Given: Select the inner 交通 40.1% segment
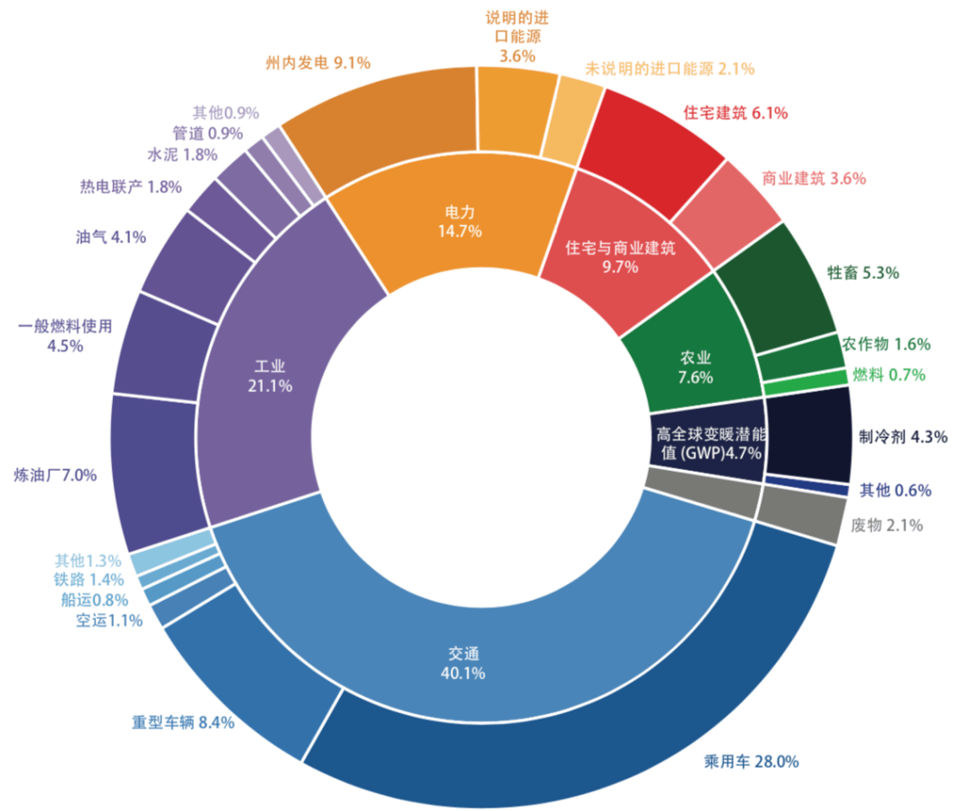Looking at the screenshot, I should pos(467,628).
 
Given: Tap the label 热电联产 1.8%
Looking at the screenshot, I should pos(131,187).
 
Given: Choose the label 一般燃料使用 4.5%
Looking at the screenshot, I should pos(65,335).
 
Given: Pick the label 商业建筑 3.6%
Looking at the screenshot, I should pos(813,178).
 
